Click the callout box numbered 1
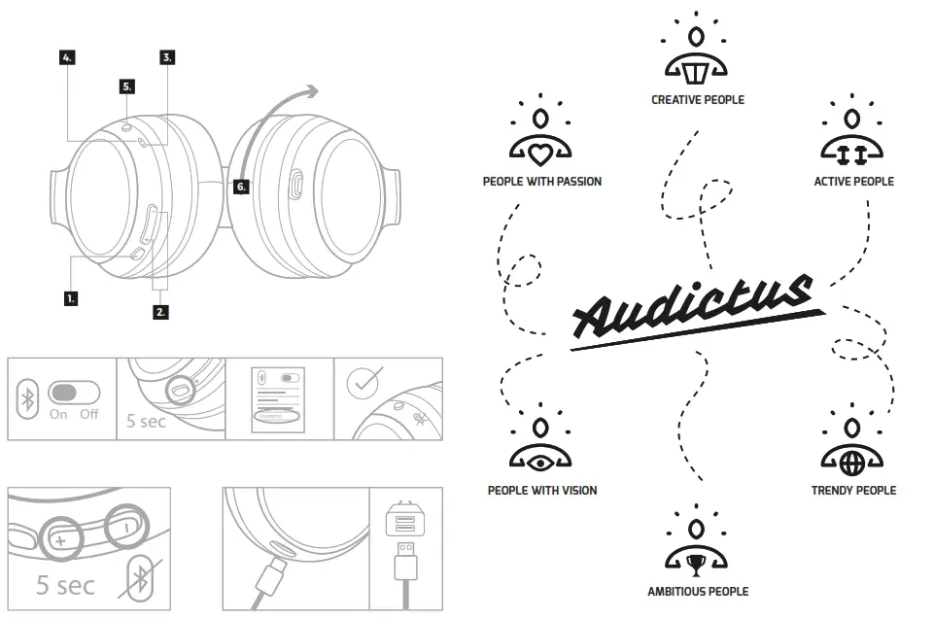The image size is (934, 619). [x=71, y=298]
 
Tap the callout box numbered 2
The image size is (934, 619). [x=160, y=312]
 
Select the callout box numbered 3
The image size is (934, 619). [x=167, y=58]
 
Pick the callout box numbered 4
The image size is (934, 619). [x=67, y=58]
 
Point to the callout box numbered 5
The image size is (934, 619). [x=127, y=86]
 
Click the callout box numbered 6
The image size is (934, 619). [x=241, y=187]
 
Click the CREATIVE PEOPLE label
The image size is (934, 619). [x=698, y=99]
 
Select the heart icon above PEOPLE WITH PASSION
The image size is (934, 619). [x=540, y=155]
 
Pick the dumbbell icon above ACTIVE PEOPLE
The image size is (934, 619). [x=851, y=154]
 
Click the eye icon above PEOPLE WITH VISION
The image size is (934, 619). [x=540, y=462]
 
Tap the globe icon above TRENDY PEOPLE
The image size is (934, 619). [x=852, y=462]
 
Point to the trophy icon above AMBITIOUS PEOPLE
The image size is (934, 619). [x=697, y=563]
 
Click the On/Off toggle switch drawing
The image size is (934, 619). [x=74, y=393]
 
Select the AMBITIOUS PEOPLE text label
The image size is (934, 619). [x=698, y=591]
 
